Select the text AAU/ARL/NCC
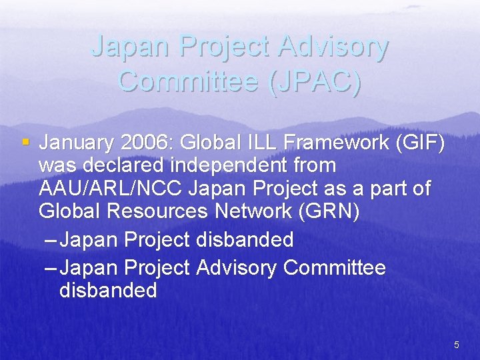[111, 189]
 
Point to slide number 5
[457, 345]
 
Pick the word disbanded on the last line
[108, 291]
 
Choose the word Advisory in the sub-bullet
[237, 268]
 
